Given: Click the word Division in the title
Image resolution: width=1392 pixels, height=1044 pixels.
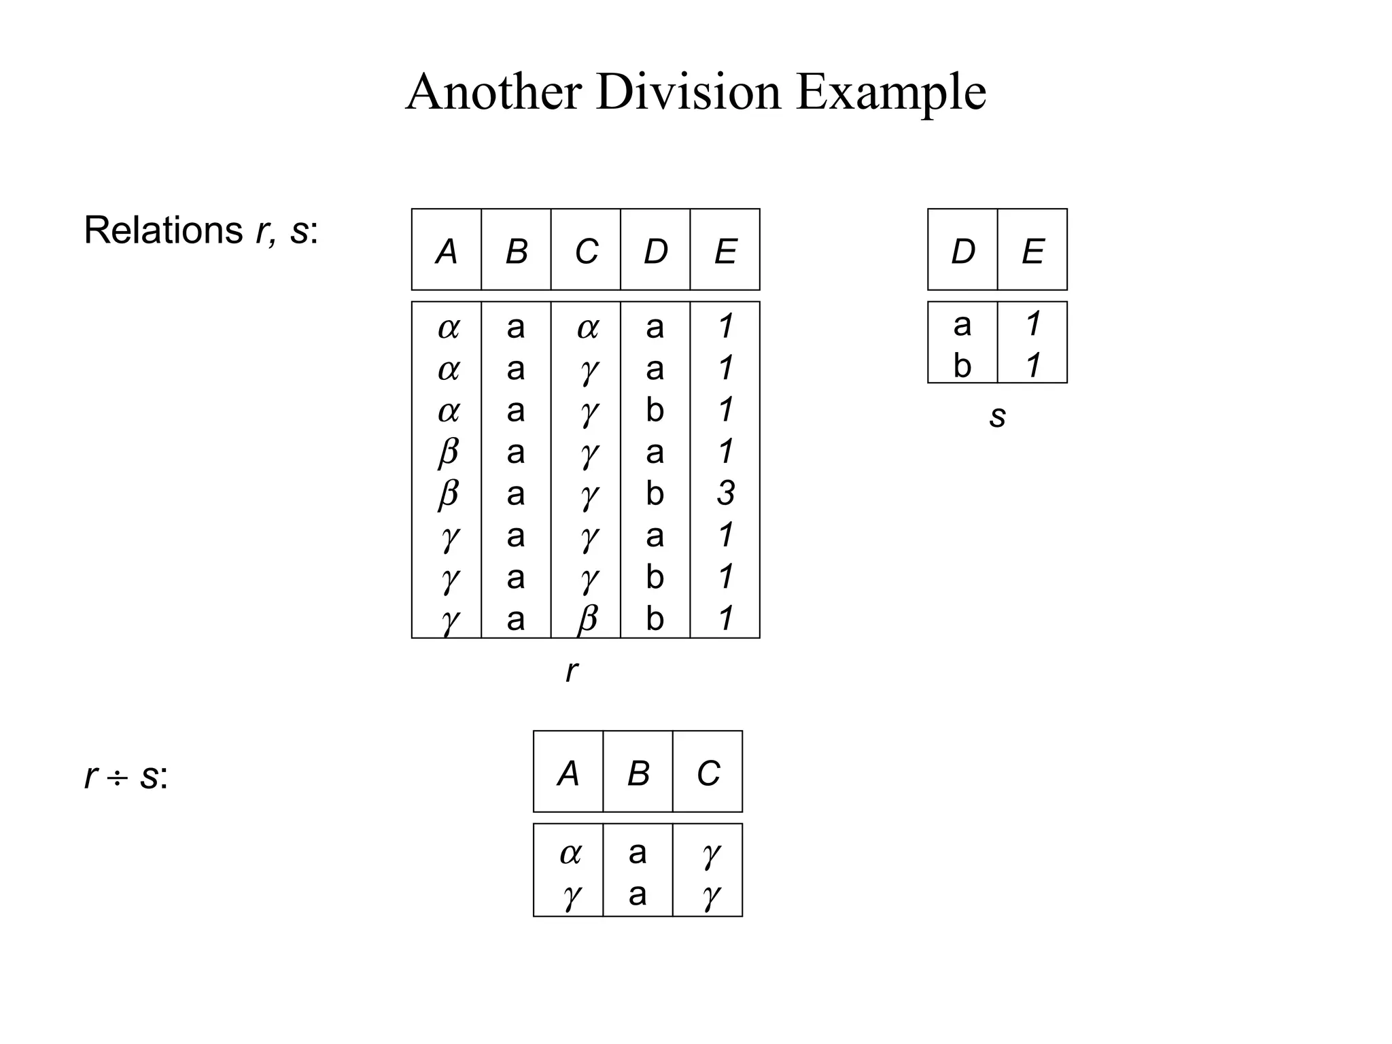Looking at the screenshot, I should tap(688, 92).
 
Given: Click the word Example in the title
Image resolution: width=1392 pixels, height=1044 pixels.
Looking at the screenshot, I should tap(890, 93).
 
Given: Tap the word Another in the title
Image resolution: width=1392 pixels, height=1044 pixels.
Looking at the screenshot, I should tap(493, 92).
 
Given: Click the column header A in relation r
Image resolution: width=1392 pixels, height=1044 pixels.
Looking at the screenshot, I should tap(447, 251).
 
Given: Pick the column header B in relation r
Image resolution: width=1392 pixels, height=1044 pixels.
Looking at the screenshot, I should tap(517, 251).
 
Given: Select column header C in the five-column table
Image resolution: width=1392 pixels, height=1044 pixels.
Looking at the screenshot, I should tap(586, 251).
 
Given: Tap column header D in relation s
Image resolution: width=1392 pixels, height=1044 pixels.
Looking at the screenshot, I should tap(962, 251).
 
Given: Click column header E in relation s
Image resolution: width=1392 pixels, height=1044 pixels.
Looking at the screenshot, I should tap(1032, 251).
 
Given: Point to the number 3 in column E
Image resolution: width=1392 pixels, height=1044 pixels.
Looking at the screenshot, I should tap(725, 493).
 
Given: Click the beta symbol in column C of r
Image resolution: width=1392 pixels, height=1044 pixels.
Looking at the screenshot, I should tap(587, 619).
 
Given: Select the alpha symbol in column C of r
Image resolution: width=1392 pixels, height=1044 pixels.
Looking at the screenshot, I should tap(587, 328).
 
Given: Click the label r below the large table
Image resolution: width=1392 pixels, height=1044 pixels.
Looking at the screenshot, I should tap(572, 671).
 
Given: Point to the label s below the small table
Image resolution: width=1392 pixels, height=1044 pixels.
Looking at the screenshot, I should tap(997, 416).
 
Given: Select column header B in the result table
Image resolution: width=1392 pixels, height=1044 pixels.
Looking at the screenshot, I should tap(638, 773).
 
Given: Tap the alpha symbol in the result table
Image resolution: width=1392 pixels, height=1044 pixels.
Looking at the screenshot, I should tap(570, 854).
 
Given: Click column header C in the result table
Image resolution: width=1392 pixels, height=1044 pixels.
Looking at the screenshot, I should tap(708, 773).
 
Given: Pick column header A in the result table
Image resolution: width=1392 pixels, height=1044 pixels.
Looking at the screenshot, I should tap(568, 773).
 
